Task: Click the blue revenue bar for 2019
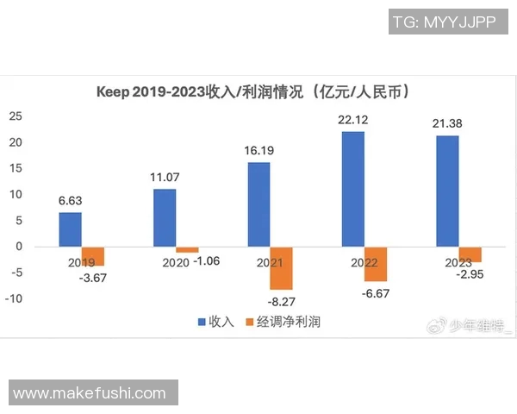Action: coord(71,229)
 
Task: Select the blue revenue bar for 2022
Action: coord(352,189)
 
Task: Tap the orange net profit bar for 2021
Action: coord(282,268)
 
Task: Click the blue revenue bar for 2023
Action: coord(447,191)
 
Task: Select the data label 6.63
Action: coord(71,200)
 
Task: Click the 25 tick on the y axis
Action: coord(16,116)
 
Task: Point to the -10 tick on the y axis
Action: coord(13,299)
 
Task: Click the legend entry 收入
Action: coord(215,322)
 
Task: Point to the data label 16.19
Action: coord(258,150)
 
